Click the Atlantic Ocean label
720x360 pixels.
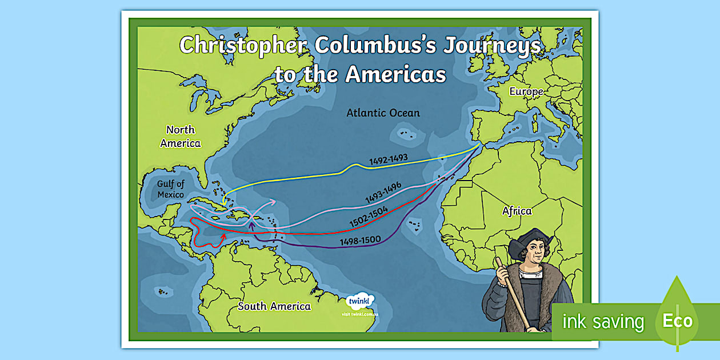point(383,113)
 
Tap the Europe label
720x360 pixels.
point(526,91)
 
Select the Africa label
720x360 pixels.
point(517,211)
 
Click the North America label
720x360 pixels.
point(181,137)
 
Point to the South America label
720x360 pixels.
point(274,306)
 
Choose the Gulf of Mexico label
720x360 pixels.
point(171,189)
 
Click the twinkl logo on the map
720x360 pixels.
point(360,301)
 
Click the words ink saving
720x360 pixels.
point(603,322)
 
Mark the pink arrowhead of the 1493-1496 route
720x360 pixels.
point(274,201)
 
